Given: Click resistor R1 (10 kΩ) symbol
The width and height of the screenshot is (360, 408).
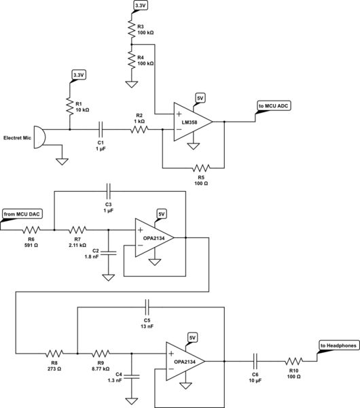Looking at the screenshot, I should [x=70, y=106].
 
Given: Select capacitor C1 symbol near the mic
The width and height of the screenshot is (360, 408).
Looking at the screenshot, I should [x=101, y=128].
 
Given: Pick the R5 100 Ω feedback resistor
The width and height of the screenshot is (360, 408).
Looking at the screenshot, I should [x=200, y=166].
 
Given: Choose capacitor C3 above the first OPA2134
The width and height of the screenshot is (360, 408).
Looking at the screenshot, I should [x=107, y=189].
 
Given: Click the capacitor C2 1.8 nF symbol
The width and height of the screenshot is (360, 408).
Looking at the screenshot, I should [x=107, y=252].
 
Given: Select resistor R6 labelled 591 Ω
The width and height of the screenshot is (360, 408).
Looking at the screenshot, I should [x=32, y=229].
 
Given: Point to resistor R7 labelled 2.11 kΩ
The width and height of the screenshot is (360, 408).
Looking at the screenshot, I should [x=77, y=229].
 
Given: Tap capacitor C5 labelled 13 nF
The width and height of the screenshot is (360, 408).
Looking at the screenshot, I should [x=146, y=306].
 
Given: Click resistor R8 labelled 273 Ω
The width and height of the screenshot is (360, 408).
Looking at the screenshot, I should [x=54, y=354].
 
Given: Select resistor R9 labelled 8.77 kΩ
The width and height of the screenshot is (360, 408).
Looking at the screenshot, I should [x=101, y=354].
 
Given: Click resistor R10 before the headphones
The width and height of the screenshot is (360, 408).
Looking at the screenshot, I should [x=294, y=360].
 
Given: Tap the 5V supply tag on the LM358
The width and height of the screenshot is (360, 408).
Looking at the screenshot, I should [x=200, y=97].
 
